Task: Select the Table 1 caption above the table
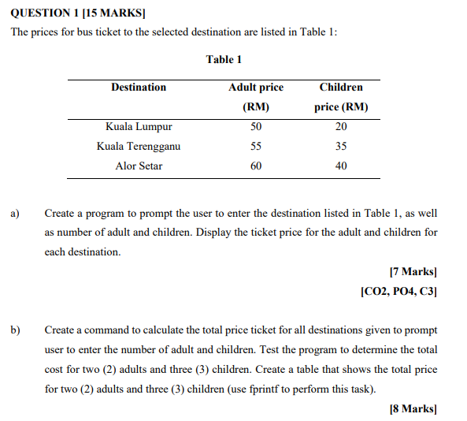(x=224, y=59)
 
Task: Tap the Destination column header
(x=139, y=88)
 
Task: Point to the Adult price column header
(x=256, y=88)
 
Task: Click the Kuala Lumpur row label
(x=139, y=127)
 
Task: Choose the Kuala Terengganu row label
(x=139, y=147)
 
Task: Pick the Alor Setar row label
(x=139, y=166)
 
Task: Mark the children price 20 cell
(x=341, y=127)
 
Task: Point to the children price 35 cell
(x=341, y=147)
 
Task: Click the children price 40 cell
(x=341, y=166)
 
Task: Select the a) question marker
(x=14, y=213)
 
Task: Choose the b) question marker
(x=15, y=330)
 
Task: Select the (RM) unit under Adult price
(x=256, y=107)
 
